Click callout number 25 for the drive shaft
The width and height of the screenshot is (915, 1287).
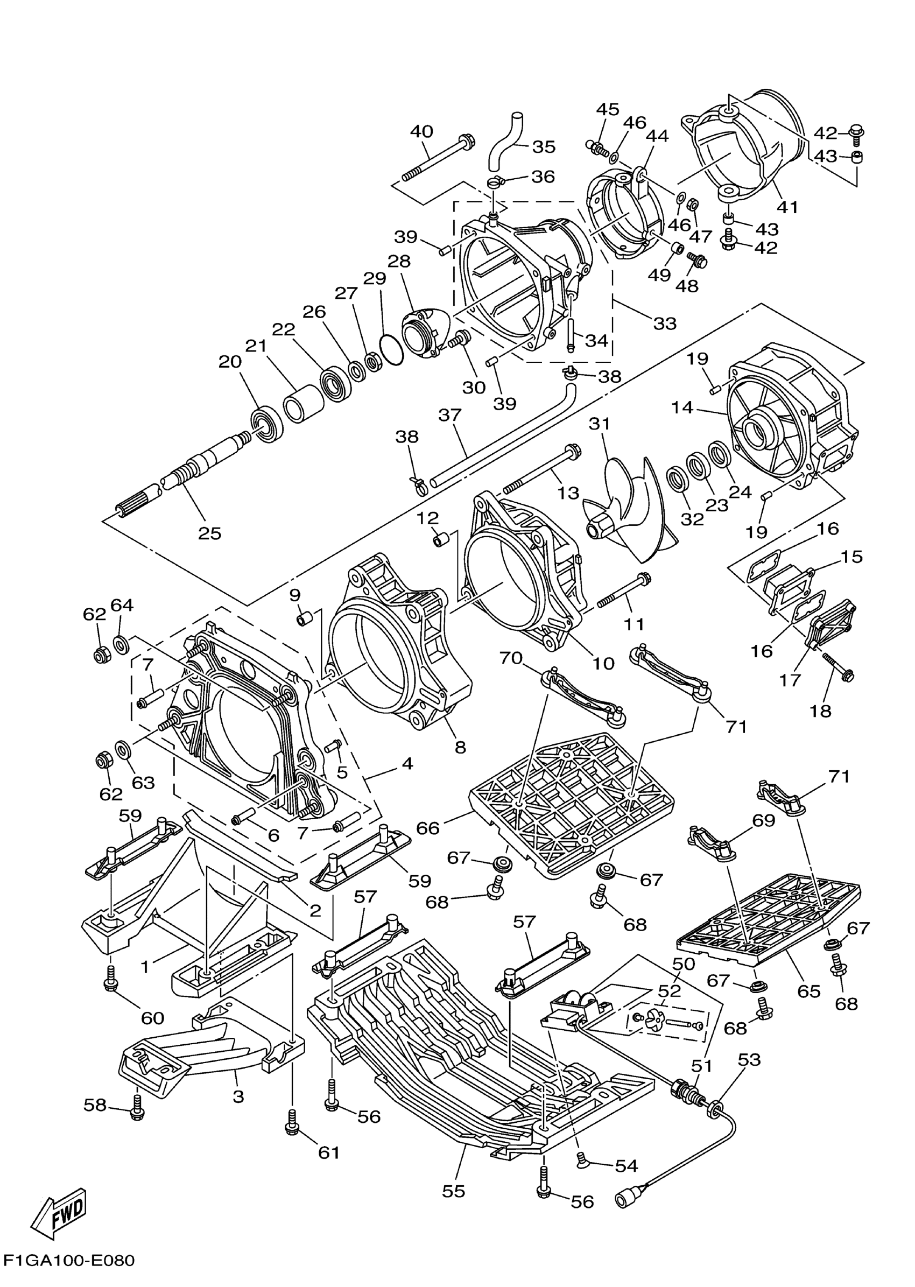(209, 533)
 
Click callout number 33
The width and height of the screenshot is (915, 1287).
(665, 323)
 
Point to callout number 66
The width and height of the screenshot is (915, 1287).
(428, 828)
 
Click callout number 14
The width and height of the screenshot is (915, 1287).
(682, 407)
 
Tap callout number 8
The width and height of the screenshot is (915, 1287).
(460, 747)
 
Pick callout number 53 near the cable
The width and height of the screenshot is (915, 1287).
(749, 1059)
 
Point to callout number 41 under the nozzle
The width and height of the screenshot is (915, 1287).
(787, 207)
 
